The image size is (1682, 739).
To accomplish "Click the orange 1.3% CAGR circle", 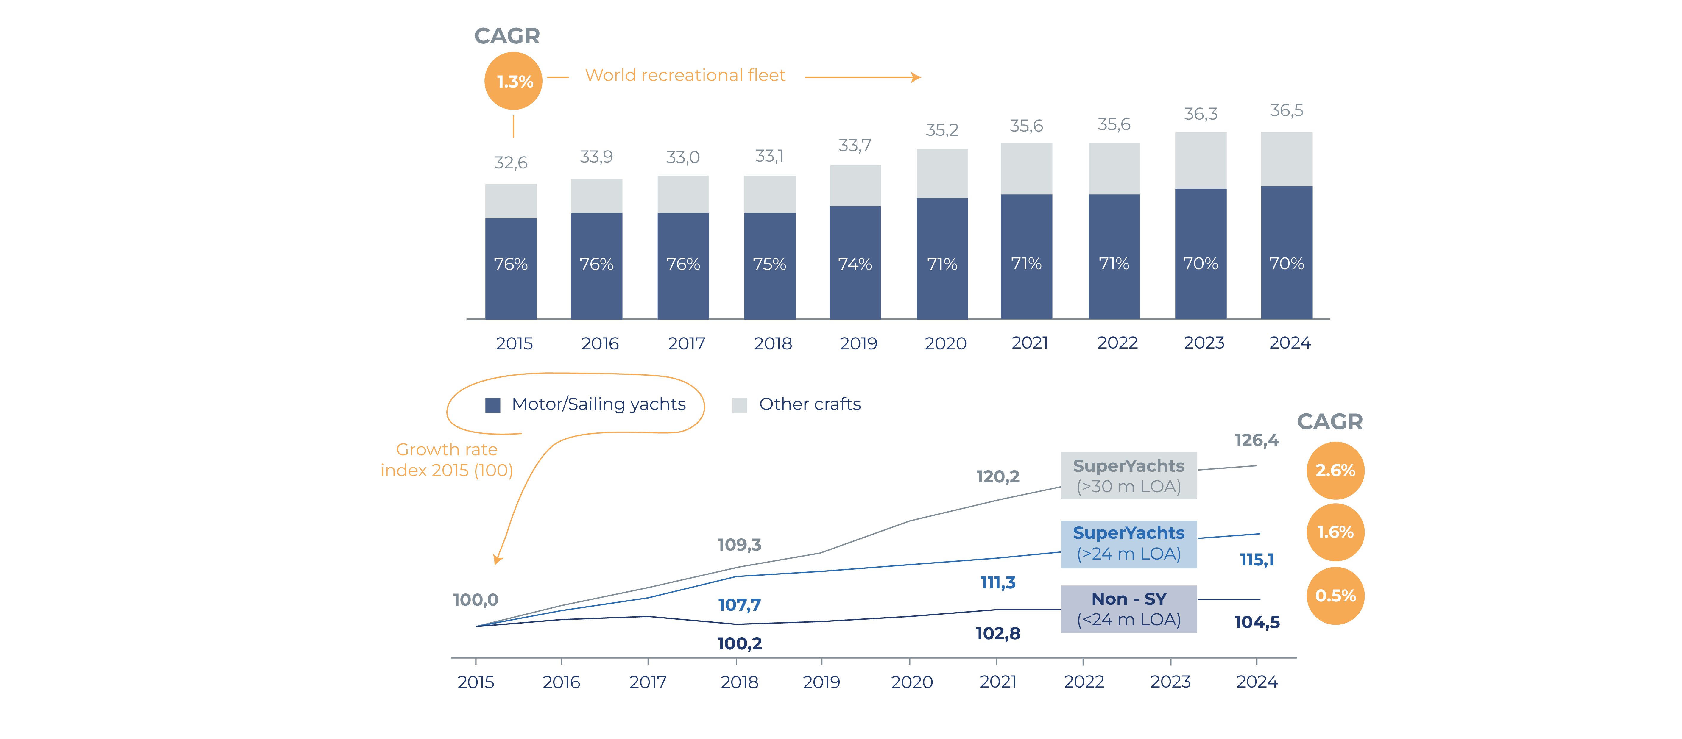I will coord(513,81).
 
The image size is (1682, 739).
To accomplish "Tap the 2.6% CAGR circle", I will coord(1335,470).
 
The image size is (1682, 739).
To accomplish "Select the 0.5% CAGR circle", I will coord(1335,595).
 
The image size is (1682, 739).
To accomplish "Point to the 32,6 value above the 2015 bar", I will coord(511,163).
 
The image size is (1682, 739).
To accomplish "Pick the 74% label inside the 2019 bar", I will coord(855,264).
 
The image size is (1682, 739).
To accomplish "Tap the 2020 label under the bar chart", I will coord(945,343).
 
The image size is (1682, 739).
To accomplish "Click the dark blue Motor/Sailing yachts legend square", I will coord(493,405).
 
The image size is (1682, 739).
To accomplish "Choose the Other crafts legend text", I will coord(810,404).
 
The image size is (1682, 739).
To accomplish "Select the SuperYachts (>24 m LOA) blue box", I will coord(1128,543).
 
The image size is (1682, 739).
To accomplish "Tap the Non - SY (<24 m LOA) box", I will coord(1128,608).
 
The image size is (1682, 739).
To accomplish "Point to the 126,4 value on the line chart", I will coord(1256,440).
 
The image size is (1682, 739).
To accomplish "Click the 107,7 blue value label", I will coord(739,604).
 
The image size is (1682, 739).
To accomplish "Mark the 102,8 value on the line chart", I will coord(998,633).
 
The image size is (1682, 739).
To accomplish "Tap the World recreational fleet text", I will coord(685,75).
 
